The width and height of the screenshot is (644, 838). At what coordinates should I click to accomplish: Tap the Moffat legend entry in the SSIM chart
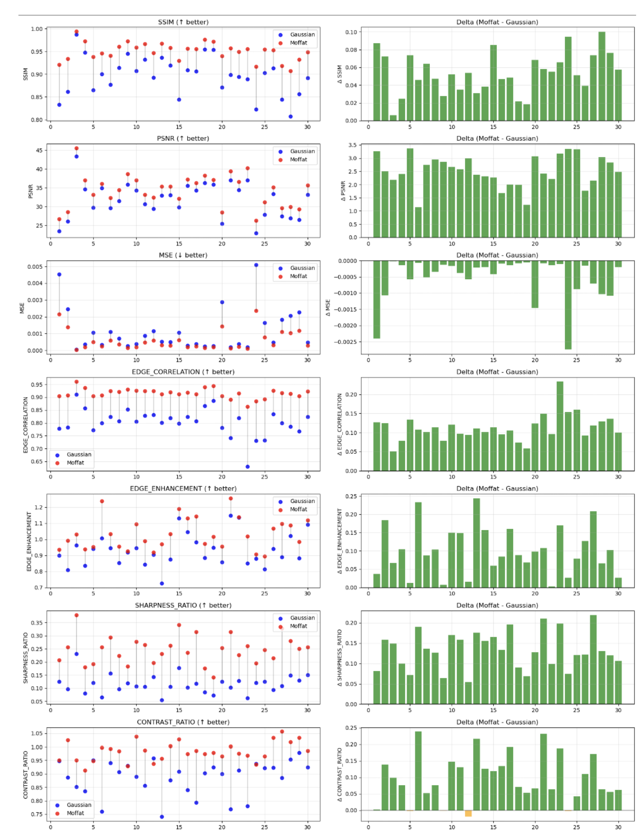(x=298, y=43)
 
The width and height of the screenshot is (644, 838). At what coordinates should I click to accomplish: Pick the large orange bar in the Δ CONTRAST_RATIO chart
(x=468, y=813)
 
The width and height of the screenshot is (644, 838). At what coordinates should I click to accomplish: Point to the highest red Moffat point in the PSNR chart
(x=76, y=148)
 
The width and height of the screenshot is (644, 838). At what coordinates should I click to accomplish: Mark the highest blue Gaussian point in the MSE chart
(x=256, y=265)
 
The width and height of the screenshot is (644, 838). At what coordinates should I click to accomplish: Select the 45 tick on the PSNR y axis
(x=39, y=150)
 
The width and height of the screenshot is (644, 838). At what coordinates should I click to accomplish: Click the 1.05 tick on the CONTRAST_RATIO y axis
(x=37, y=733)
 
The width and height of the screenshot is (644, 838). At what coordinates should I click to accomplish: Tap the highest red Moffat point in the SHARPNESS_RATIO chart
(x=76, y=615)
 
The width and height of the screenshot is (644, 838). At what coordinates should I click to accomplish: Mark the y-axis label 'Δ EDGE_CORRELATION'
(x=340, y=424)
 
